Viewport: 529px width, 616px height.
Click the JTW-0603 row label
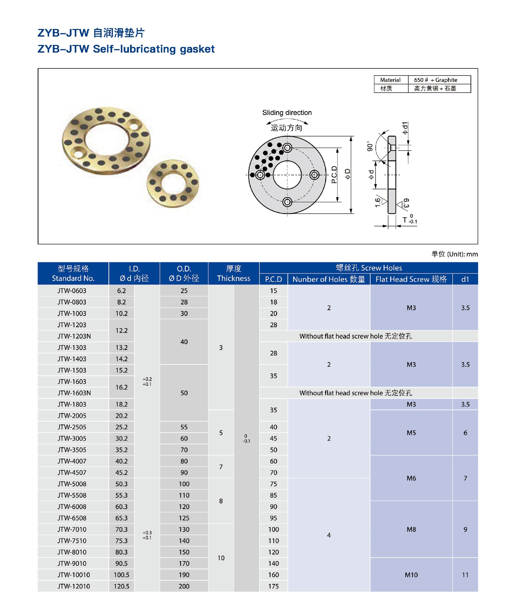[x=72, y=290]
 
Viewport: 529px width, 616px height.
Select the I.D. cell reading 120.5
[x=121, y=586]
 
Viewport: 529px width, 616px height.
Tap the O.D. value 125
[x=184, y=518]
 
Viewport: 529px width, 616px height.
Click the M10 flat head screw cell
[x=411, y=575]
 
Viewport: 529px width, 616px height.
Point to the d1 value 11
[x=465, y=575]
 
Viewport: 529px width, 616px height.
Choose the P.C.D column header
[x=273, y=279]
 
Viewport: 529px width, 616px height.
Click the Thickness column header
[x=233, y=273]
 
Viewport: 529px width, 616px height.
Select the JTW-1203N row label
[x=74, y=336]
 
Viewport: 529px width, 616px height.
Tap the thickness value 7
[x=221, y=467]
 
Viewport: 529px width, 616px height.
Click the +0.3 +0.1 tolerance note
[x=147, y=535]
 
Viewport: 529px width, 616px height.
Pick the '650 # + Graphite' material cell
[x=435, y=80]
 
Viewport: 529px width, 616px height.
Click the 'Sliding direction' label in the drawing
[x=287, y=113]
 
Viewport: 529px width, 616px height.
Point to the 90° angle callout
[x=370, y=146]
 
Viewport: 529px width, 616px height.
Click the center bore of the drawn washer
[x=287, y=175]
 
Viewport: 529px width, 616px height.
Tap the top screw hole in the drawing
[x=287, y=148]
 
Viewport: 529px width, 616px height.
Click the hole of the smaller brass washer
[x=173, y=183]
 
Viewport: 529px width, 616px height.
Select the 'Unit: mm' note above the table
[x=454, y=254]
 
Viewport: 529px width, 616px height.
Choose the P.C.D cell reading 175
[x=273, y=586]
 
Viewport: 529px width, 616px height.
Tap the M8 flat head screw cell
[x=411, y=529]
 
